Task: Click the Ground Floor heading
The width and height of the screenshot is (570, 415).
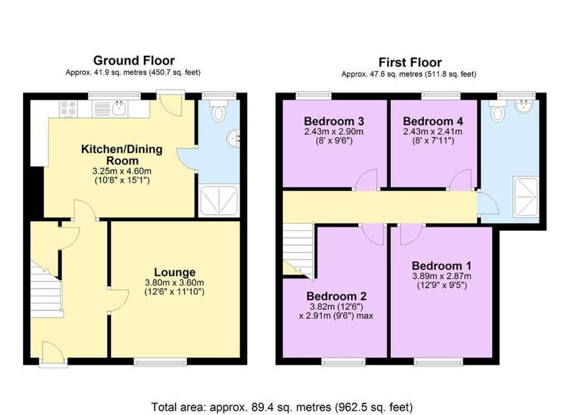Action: [134, 60]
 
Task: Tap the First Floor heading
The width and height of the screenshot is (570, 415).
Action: [410, 62]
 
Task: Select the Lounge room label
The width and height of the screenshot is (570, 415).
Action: [174, 272]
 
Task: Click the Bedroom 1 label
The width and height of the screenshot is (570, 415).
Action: [441, 266]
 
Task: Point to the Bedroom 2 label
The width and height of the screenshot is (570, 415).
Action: [336, 296]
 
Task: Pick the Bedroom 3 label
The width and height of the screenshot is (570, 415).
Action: [334, 121]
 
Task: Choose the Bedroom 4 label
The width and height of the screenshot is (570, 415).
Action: [433, 121]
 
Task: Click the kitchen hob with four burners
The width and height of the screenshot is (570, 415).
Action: [69, 108]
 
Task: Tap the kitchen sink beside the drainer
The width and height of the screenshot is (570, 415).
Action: [119, 108]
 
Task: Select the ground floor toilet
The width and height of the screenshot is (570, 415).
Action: [219, 111]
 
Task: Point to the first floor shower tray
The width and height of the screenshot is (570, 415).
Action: [525, 197]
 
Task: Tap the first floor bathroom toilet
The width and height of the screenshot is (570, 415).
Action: [497, 111]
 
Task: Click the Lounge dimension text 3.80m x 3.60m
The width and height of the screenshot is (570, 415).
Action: [174, 283]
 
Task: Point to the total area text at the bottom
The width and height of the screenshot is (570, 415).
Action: [282, 406]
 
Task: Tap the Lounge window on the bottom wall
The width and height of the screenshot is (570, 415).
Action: [160, 361]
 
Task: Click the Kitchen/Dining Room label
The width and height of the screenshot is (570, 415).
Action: [122, 154]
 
